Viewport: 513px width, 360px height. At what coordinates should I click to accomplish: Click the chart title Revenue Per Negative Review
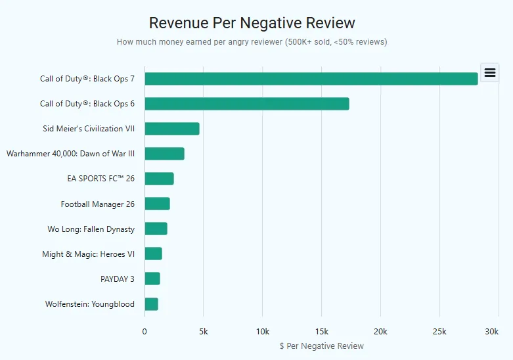coord(252,23)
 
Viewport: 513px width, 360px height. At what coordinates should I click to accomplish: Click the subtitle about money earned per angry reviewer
coord(252,42)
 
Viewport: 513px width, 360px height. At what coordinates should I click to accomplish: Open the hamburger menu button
coord(490,73)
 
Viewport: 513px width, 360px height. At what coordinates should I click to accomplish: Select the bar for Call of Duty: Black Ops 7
coord(311,79)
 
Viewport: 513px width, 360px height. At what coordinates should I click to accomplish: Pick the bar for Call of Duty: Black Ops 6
coord(246,104)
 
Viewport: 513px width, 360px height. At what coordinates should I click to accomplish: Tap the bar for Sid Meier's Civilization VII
coord(171,129)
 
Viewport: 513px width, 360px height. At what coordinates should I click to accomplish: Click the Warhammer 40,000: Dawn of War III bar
coord(164,154)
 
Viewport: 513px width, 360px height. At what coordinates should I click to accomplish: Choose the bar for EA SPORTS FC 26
coord(159,179)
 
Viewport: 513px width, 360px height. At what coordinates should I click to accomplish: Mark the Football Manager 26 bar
coord(157,204)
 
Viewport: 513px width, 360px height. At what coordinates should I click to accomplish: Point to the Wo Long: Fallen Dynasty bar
coord(156,229)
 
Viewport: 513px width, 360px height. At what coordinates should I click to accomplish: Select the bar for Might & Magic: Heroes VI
coord(153,254)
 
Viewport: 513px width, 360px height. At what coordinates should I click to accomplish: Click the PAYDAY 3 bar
coord(152,279)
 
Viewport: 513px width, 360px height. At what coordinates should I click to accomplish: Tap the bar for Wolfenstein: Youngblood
coord(151,304)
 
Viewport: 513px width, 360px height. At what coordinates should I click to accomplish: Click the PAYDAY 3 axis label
coord(117,279)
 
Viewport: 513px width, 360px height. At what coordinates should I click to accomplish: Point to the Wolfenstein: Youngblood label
coord(89,304)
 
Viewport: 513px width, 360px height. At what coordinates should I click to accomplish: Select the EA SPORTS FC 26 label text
coord(100,179)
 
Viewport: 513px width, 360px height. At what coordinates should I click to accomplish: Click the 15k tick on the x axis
coord(321,332)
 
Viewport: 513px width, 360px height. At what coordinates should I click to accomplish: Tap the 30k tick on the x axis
coord(491,332)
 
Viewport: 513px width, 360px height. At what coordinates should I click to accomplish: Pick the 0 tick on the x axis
coord(145,332)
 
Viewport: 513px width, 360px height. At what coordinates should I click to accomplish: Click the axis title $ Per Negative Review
coord(321,346)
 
